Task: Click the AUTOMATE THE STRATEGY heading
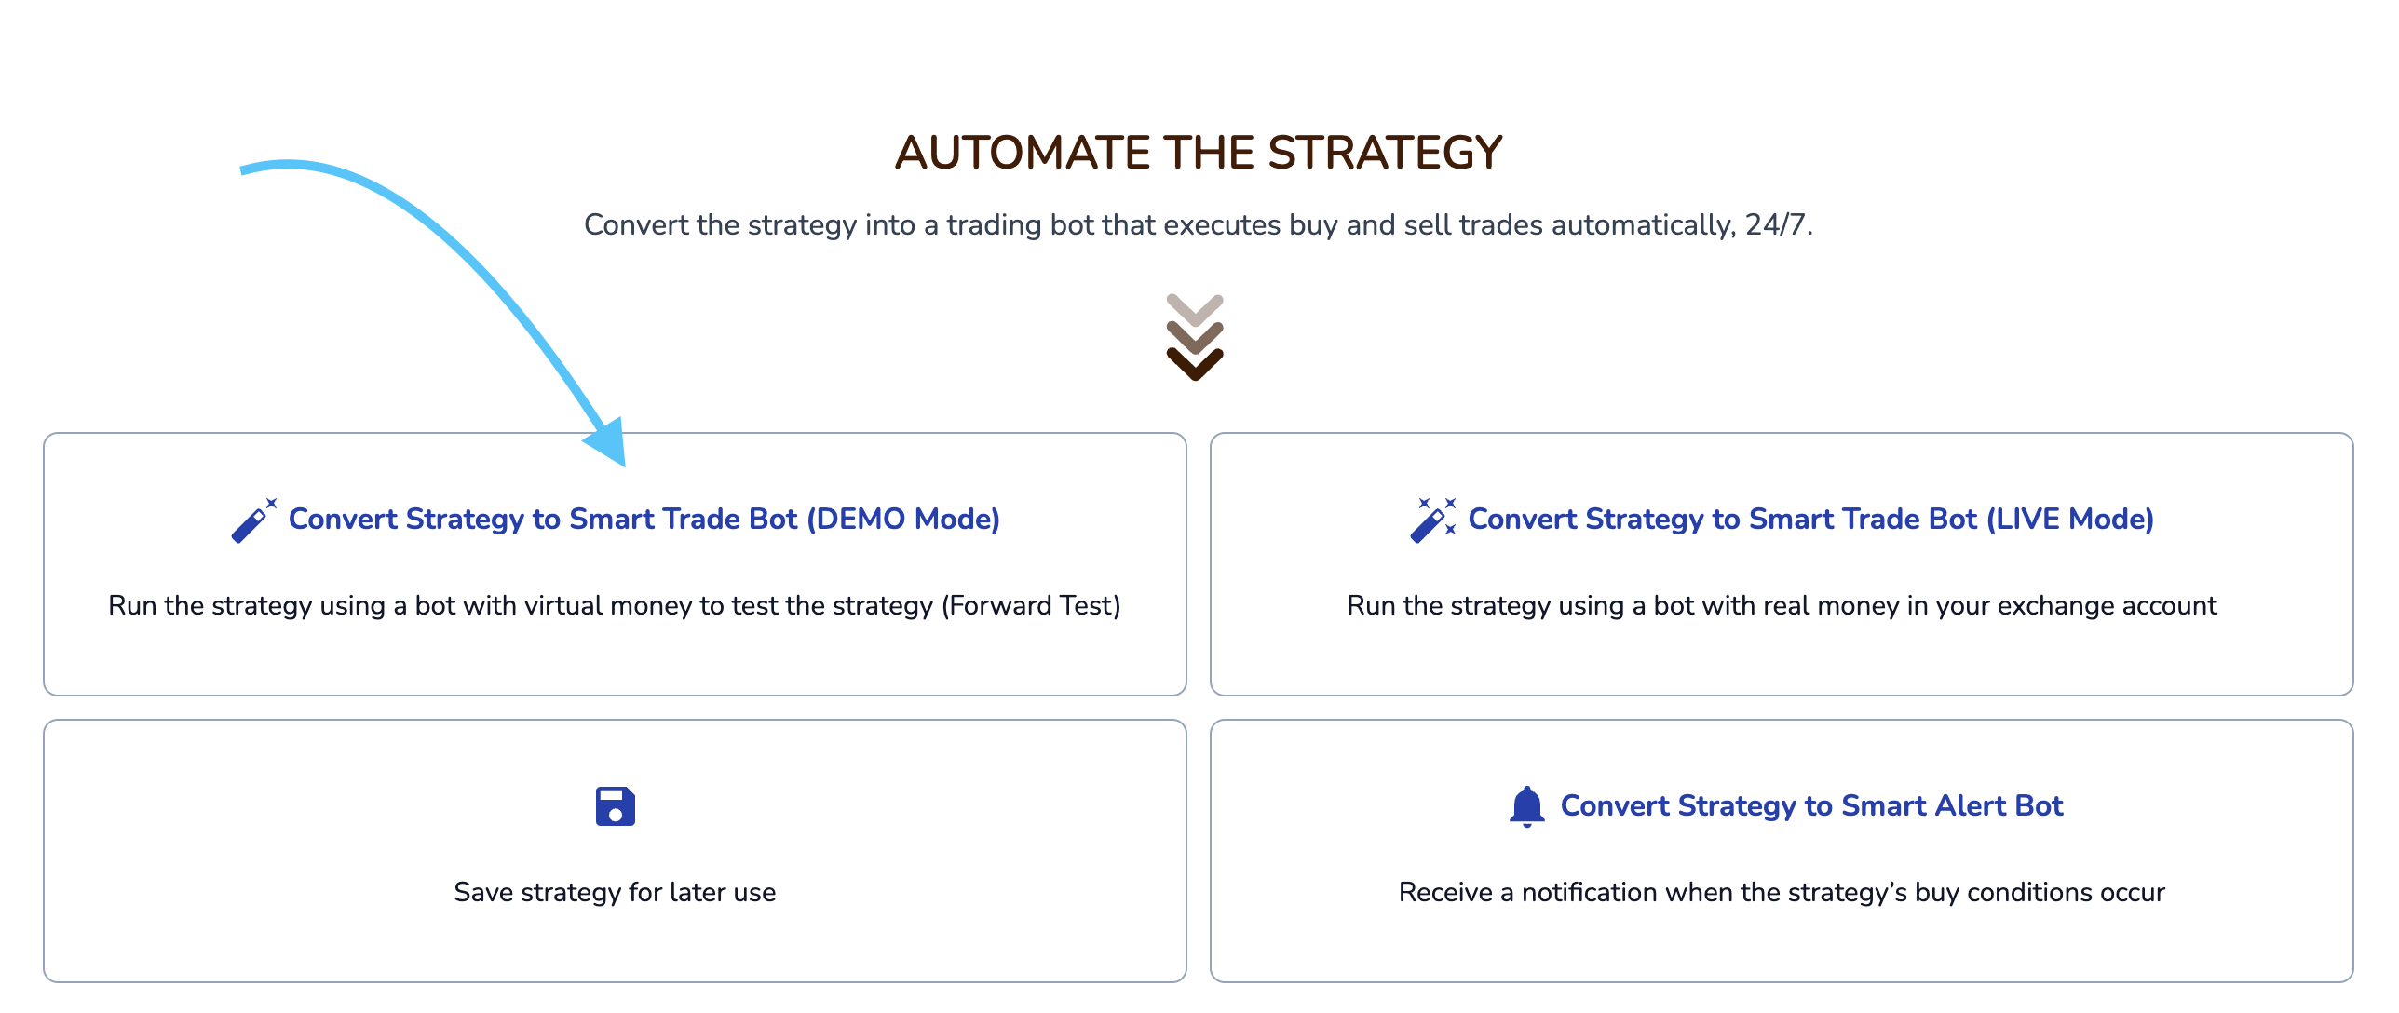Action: coord(1199,152)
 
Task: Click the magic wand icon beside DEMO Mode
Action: coord(253,520)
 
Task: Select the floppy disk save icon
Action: coord(615,806)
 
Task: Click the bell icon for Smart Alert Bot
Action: coord(1526,806)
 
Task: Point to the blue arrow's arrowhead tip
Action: coord(625,466)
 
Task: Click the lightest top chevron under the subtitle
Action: coord(1195,310)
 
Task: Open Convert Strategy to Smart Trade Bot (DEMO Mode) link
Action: coord(644,519)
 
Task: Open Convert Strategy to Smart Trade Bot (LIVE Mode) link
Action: coord(1810,519)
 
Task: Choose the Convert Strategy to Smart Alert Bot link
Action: coord(1811,805)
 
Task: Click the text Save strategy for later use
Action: coord(615,892)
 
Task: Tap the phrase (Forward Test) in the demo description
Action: coord(1031,605)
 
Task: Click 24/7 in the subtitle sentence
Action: coord(1776,224)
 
